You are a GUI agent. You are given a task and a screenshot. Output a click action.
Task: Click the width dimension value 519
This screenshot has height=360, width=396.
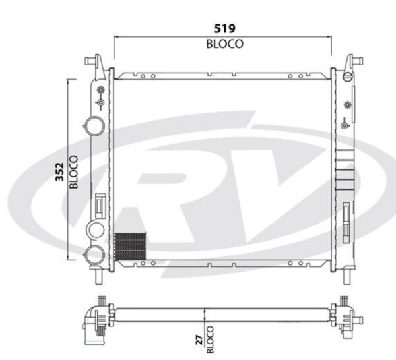[x=224, y=28]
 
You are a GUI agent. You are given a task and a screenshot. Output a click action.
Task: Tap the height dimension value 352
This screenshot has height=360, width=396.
[x=59, y=172]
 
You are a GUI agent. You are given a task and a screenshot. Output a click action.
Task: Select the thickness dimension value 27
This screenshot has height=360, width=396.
[x=199, y=340]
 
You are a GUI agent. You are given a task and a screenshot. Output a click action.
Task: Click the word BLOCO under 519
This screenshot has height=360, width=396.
[x=224, y=44]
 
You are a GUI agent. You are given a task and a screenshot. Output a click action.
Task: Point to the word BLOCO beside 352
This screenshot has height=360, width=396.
[x=74, y=172]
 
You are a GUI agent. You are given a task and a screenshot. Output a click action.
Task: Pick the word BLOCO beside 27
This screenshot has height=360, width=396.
[x=210, y=340]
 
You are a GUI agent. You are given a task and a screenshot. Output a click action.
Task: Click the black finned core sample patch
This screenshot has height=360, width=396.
[x=130, y=247]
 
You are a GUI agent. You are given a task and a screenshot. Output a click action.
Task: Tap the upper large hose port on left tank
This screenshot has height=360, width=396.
[x=94, y=126]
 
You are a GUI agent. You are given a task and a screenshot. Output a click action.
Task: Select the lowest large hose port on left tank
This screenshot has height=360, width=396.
[x=94, y=255]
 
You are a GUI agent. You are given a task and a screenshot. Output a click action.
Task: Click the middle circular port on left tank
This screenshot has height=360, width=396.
[x=96, y=229]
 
